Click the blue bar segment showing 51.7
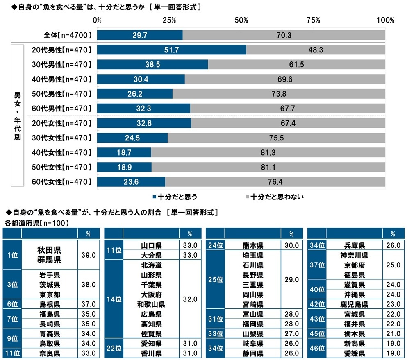tap(172, 50)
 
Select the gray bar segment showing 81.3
tap(268, 152)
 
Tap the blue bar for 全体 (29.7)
tap(140, 35)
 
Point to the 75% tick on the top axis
tap(313, 20)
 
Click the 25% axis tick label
tap(169, 20)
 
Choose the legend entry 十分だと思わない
tap(275, 197)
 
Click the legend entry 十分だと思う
tap(175, 197)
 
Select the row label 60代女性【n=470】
tap(62, 182)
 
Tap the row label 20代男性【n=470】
tap(62, 50)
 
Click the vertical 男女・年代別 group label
tap(17, 115)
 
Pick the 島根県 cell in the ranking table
tap(50, 304)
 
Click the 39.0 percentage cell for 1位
tap(89, 255)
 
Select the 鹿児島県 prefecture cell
tap(354, 304)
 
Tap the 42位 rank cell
tap(317, 304)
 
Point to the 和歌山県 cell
tap(151, 304)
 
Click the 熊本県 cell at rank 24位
tap(253, 245)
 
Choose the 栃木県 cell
tap(354, 334)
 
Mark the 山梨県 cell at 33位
tap(253, 334)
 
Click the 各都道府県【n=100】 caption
tap(36, 223)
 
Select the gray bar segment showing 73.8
tap(279, 94)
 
